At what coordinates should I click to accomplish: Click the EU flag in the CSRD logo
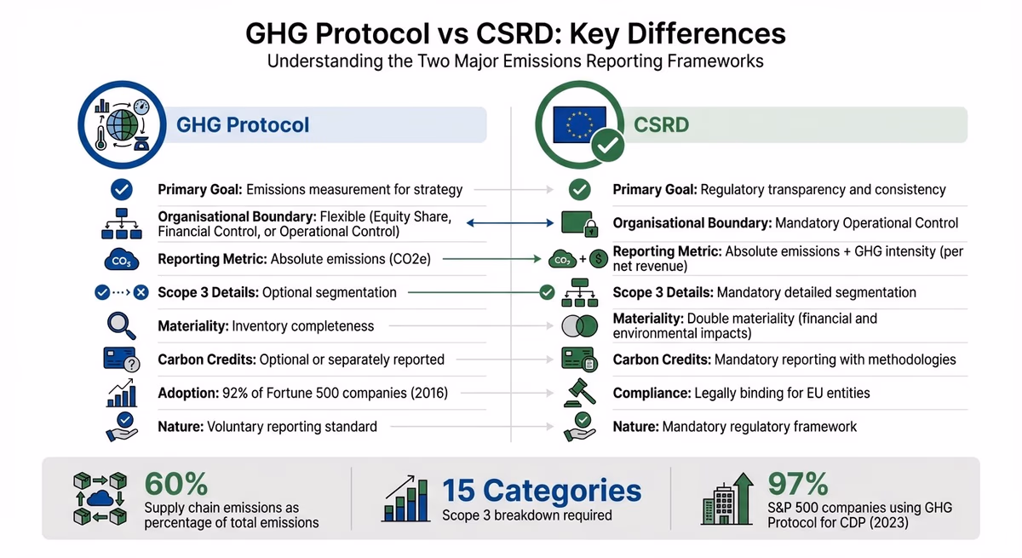[x=577, y=124]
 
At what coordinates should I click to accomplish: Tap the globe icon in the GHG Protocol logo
[x=123, y=124]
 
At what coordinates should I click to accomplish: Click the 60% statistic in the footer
[x=176, y=484]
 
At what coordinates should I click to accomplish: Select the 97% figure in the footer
[x=798, y=484]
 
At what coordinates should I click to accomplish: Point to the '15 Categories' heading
[x=542, y=491]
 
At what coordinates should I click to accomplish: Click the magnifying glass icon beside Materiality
[x=121, y=325]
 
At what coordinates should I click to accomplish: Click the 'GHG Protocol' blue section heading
[x=243, y=125]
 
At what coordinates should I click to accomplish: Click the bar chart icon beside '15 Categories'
[x=407, y=498]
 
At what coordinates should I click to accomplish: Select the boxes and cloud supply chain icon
[x=100, y=498]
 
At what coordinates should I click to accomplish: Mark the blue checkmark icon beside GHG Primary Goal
[x=122, y=189]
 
